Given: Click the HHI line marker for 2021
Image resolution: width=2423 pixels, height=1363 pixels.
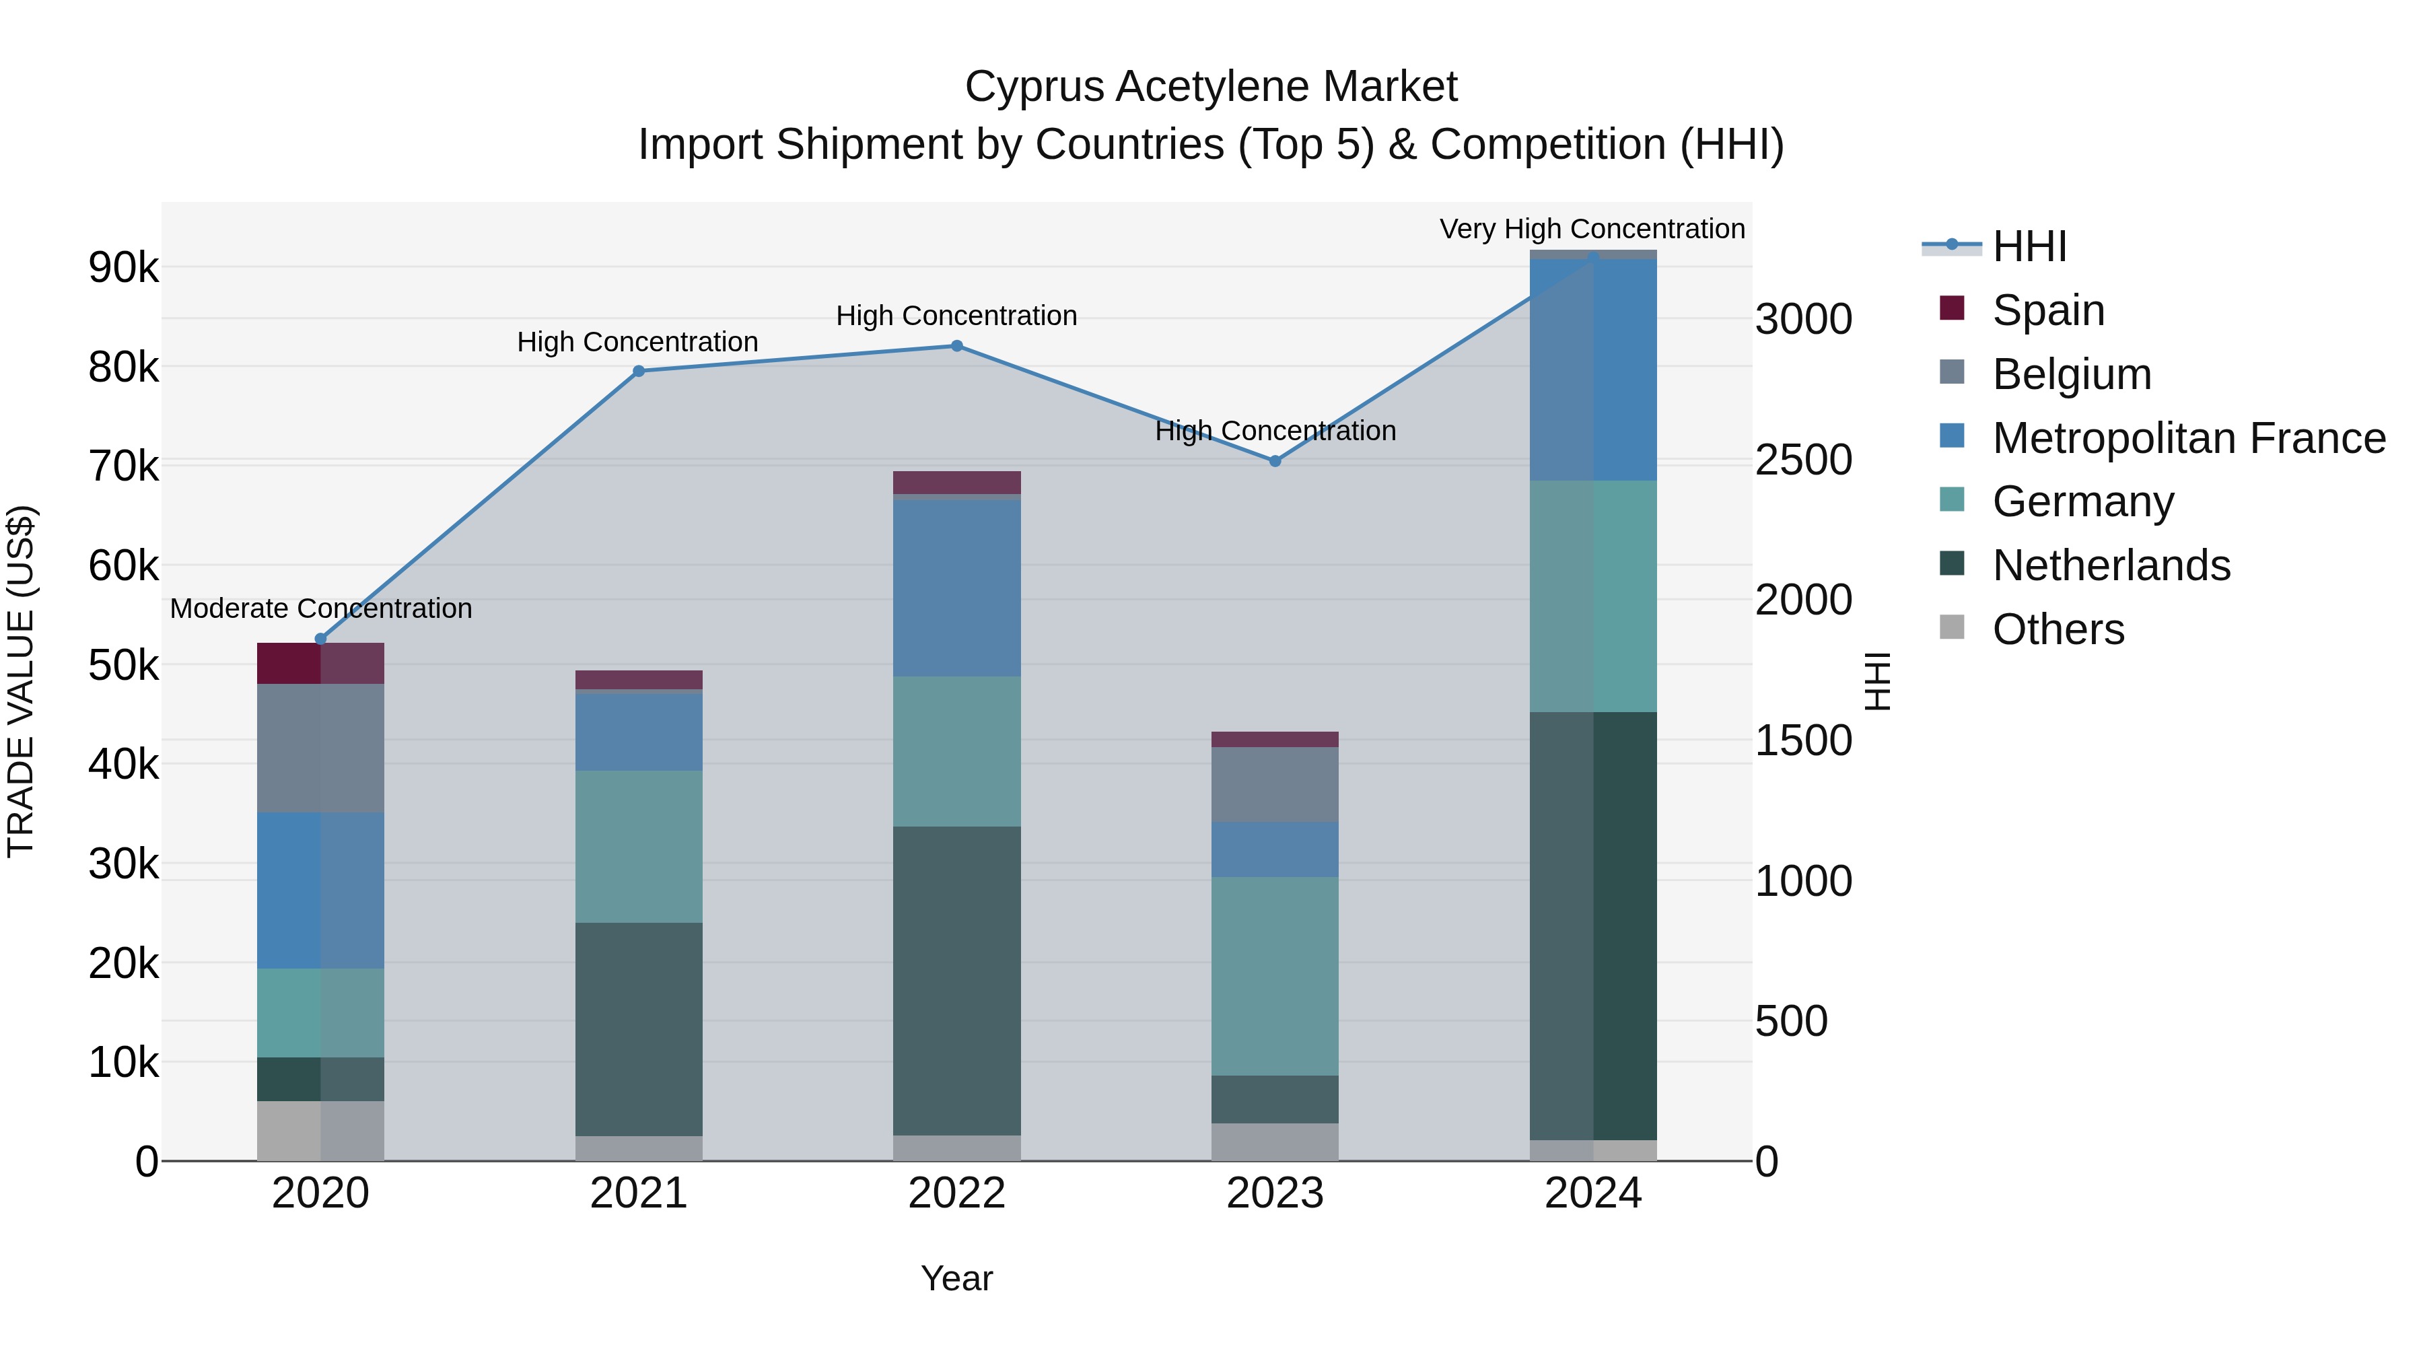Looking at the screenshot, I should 639,371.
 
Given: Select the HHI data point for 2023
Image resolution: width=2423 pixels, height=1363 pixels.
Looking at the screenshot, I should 1275,461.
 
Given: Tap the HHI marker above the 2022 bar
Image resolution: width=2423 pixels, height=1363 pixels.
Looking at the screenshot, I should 956,345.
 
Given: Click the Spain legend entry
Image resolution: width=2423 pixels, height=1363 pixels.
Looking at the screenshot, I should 2047,310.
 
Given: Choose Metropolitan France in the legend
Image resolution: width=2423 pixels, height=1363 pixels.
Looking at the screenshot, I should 2188,438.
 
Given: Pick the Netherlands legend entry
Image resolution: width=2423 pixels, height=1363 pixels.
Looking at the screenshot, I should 2110,565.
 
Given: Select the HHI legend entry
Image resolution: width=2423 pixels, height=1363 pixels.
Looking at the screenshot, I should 2029,246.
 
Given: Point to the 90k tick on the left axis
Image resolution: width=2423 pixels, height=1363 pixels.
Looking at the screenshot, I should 123,268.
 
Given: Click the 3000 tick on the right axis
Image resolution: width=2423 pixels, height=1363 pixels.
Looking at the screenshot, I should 1803,320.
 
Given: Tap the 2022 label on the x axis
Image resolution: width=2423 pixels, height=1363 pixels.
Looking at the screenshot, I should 956,1193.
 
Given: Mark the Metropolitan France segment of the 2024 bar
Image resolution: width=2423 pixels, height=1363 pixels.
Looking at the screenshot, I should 1592,370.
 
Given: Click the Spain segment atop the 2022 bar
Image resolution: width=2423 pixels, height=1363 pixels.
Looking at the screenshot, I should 956,483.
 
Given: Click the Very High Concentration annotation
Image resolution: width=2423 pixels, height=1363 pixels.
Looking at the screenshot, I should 1592,229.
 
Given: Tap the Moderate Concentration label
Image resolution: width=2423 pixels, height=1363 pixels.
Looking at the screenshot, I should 321,608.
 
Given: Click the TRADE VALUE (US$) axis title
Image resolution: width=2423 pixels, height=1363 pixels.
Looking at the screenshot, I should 21,681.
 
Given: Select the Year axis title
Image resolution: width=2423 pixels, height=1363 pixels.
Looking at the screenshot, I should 956,1278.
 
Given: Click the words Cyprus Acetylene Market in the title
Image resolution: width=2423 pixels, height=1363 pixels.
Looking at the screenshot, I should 1211,87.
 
